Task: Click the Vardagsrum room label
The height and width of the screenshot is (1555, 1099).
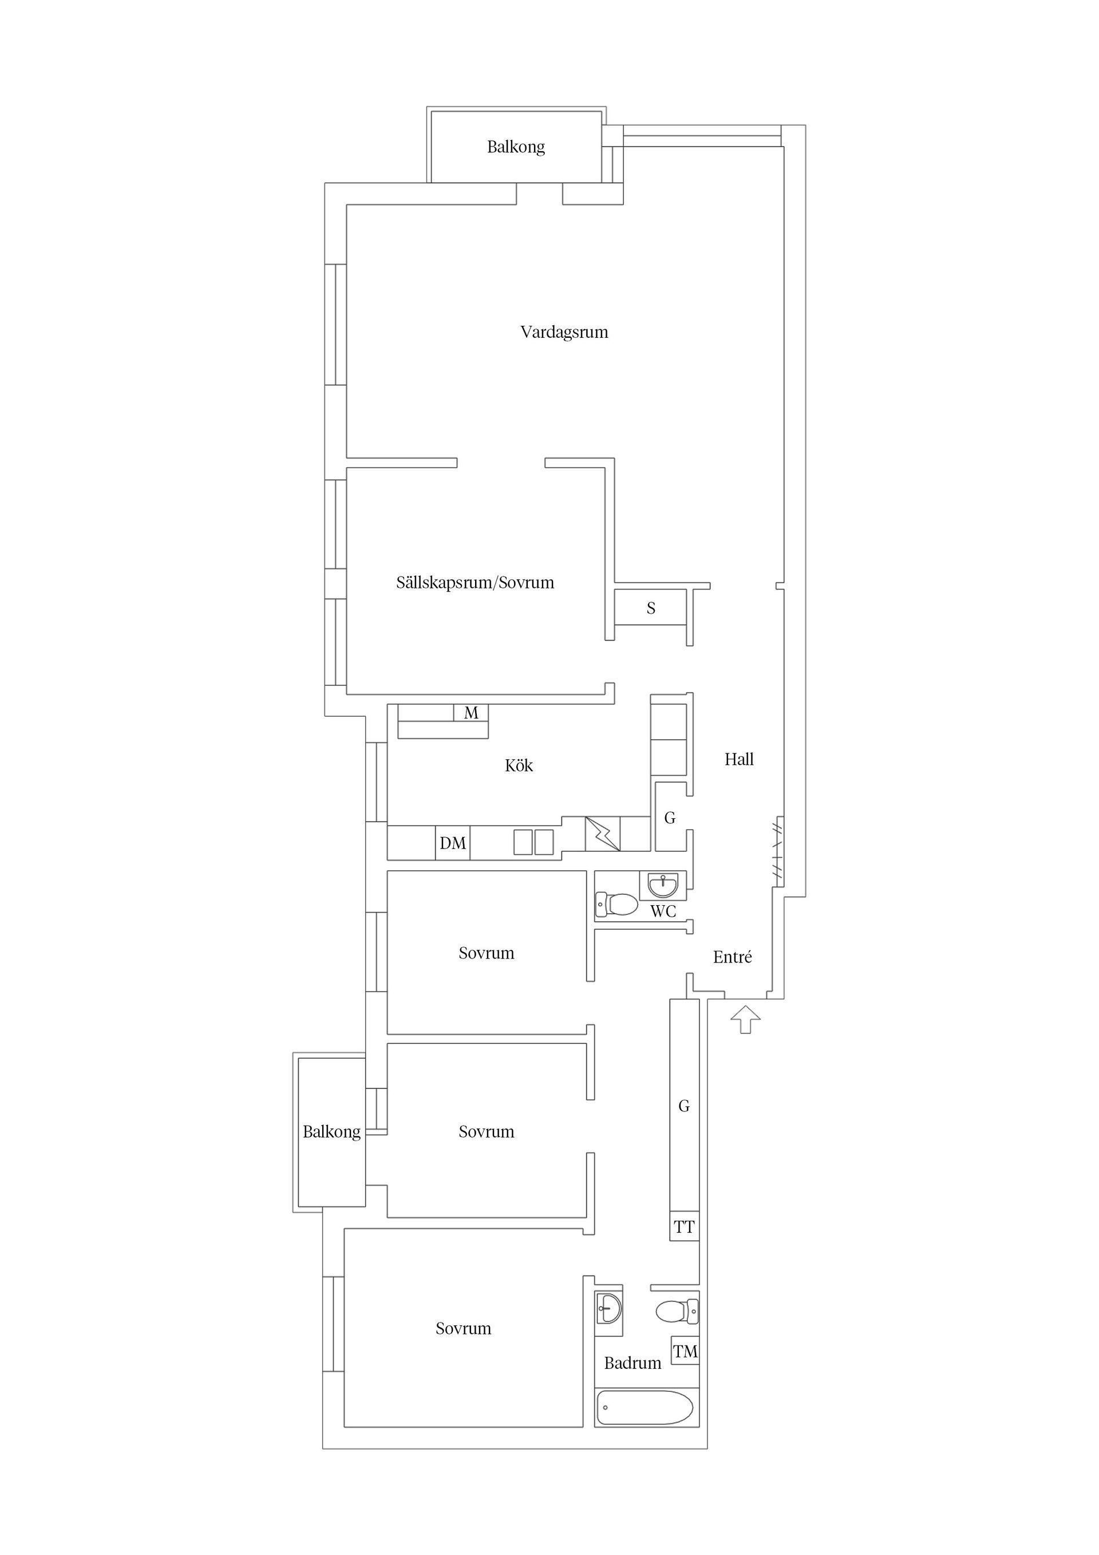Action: (x=564, y=333)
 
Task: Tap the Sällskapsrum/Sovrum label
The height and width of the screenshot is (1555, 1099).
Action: (x=475, y=582)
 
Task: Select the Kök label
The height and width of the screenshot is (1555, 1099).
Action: (x=519, y=765)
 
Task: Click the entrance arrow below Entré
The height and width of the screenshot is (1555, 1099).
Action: (x=745, y=1019)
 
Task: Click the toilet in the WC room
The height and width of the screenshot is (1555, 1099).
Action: (x=617, y=903)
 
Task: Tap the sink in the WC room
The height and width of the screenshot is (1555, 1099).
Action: (x=663, y=885)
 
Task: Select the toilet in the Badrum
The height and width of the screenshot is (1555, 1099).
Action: (x=677, y=1311)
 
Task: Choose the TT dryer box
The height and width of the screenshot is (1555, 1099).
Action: (x=684, y=1226)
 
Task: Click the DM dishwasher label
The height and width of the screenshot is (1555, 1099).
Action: (x=452, y=843)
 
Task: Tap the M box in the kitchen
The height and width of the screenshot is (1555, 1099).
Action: (x=471, y=712)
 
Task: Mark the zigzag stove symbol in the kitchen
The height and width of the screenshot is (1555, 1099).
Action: (x=603, y=833)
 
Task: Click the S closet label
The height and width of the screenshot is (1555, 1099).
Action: (x=651, y=608)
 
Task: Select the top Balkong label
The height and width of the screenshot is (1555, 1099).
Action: (x=516, y=147)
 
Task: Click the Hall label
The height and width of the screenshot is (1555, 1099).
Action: (x=739, y=759)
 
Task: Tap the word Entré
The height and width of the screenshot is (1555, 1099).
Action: (x=733, y=957)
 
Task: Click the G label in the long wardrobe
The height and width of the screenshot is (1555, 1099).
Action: (x=684, y=1106)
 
